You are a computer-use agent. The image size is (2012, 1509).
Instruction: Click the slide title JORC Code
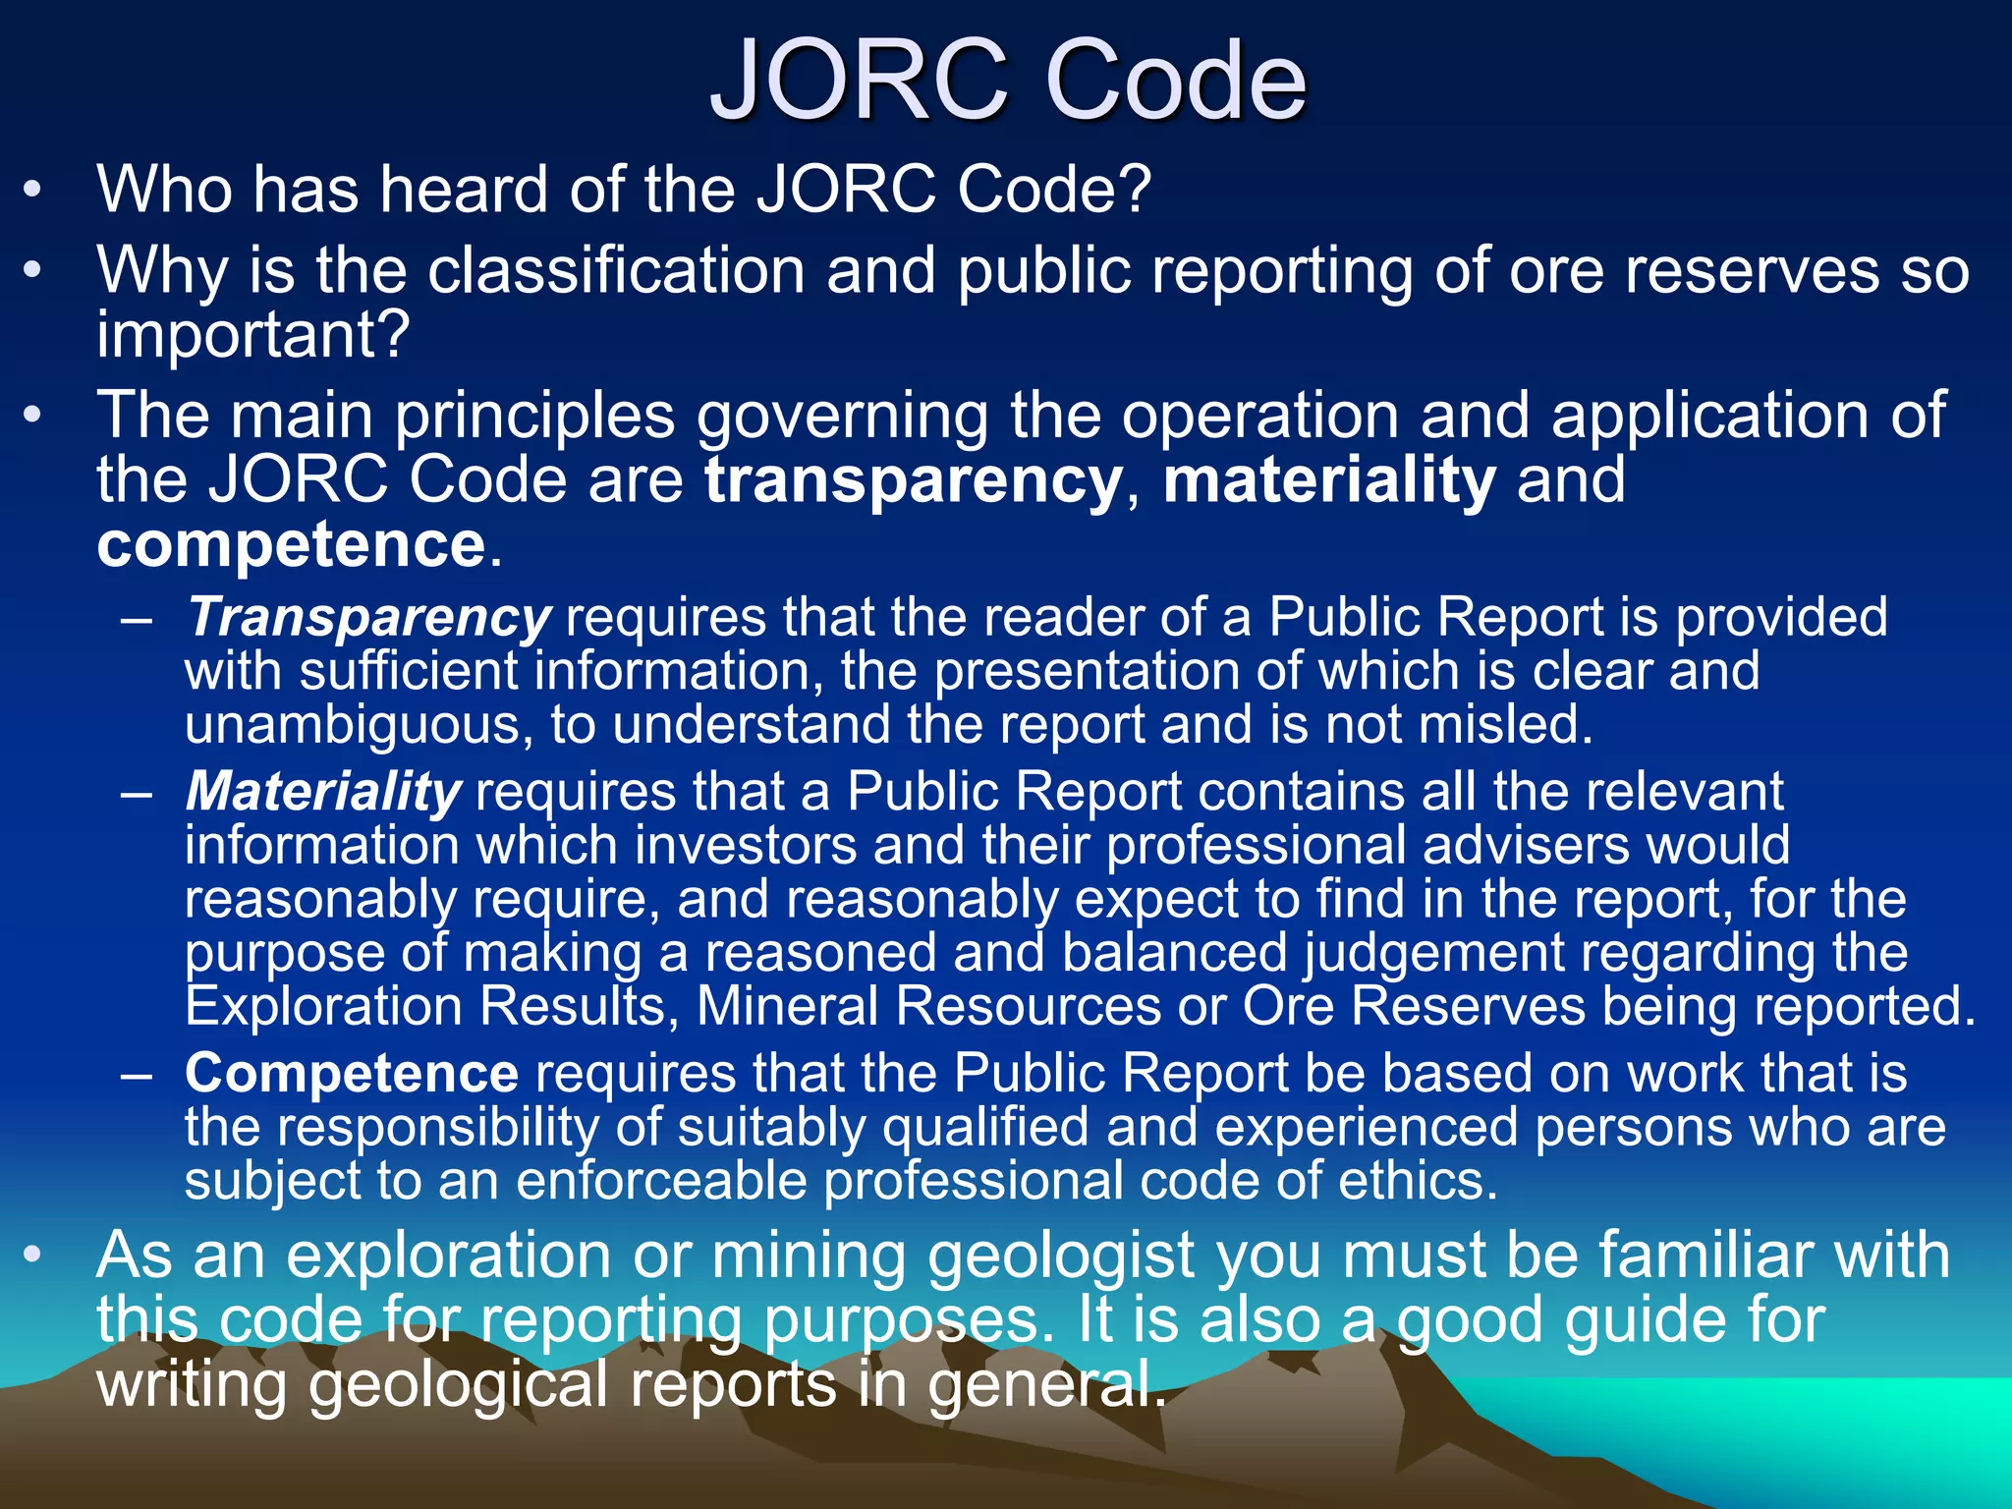1008,81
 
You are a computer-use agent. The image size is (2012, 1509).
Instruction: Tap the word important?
252,334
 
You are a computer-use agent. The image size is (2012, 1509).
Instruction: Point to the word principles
535,416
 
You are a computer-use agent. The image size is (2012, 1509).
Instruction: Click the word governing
842,416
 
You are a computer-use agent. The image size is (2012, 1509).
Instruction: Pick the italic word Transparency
368,618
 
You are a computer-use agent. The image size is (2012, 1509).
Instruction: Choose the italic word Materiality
323,792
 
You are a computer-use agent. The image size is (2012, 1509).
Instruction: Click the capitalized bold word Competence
352,1073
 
